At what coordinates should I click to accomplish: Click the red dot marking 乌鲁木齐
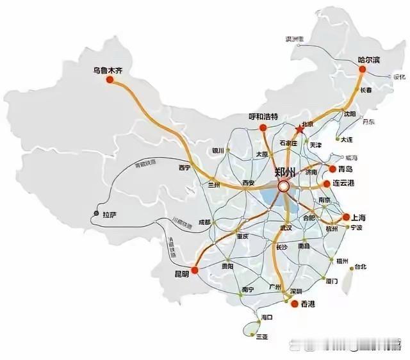click(110, 79)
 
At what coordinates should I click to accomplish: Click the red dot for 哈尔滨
click(363, 68)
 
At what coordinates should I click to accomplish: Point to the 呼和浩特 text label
click(264, 117)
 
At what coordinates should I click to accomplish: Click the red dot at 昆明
click(195, 270)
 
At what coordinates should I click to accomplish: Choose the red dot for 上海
click(345, 217)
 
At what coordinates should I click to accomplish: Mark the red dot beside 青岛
click(332, 170)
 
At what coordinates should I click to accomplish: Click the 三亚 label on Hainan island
click(262, 336)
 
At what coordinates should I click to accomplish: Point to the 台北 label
click(360, 266)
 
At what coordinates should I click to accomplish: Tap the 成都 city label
click(204, 222)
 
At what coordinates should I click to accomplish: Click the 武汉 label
click(286, 228)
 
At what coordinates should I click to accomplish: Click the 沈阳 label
click(348, 114)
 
